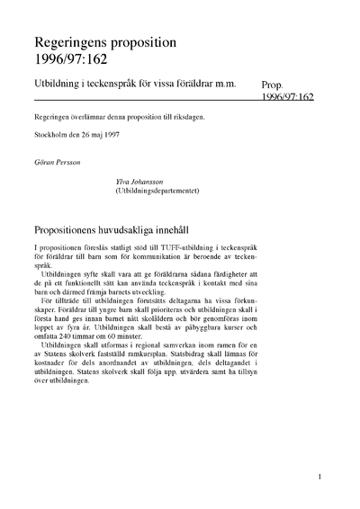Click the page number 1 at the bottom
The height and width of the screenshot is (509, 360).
(x=319, y=479)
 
